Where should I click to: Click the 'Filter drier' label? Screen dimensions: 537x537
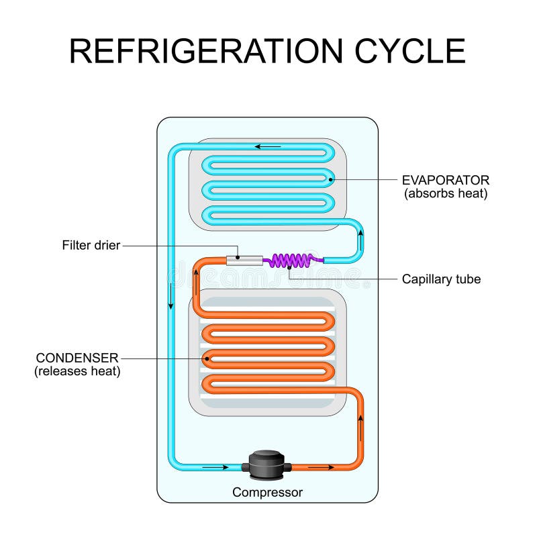coord(91,245)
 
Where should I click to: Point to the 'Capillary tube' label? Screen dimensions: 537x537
coord(441,279)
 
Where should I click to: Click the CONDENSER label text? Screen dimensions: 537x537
coord(78,357)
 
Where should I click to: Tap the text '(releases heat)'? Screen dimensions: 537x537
coord(78,371)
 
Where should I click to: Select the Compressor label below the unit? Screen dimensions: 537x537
coord(267,492)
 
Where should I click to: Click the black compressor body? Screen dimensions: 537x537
coord(267,465)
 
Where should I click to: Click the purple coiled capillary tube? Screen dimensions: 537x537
coord(290,260)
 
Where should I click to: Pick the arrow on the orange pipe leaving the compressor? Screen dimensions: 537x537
coord(322,466)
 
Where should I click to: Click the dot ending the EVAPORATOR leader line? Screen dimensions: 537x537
coord(330,179)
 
